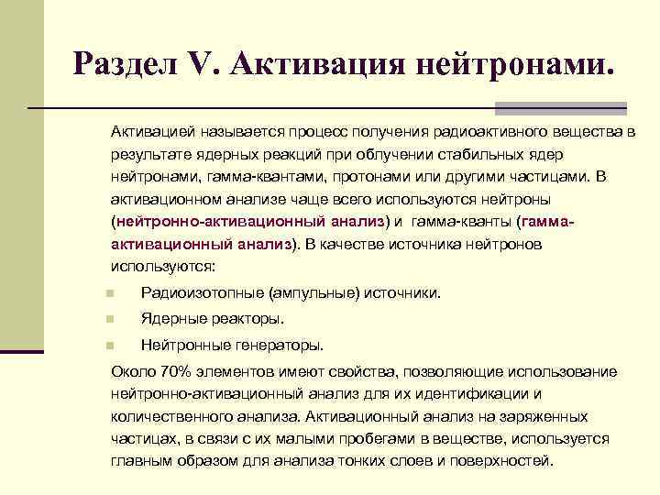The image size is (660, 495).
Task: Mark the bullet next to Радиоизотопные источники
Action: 109,294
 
